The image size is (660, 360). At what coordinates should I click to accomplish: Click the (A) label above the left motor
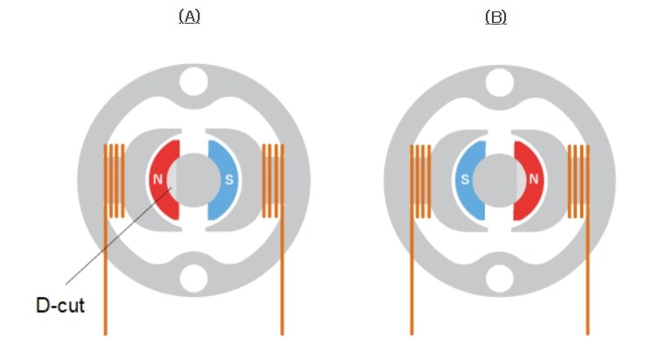click(189, 17)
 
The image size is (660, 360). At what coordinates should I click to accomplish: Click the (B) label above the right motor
click(495, 17)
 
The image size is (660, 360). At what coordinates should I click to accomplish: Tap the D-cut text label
click(60, 307)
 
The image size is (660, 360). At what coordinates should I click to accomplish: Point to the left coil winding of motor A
click(114, 180)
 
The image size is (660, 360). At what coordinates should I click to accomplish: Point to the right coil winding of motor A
click(273, 180)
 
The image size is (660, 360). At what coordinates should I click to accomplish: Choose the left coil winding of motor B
click(420, 180)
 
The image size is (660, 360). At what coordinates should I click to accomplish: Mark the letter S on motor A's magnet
click(229, 180)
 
